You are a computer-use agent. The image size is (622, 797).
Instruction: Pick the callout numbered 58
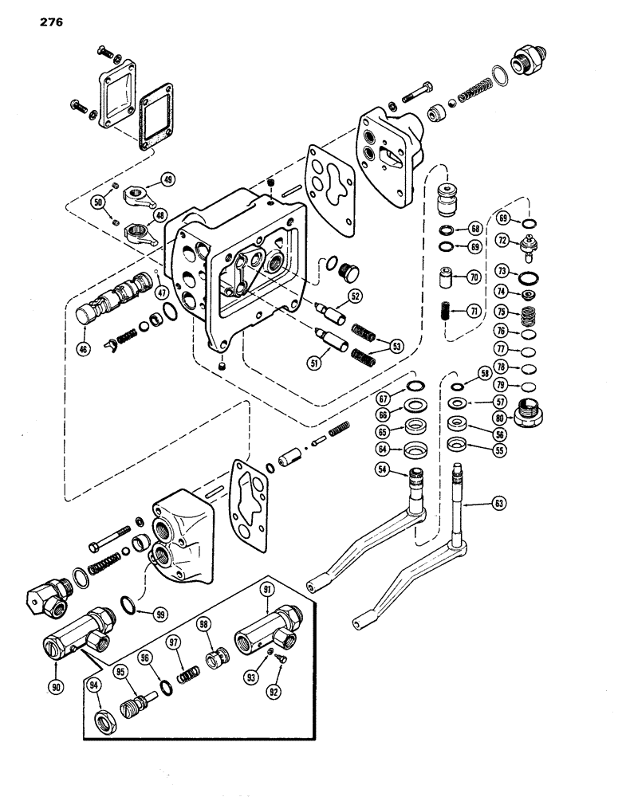(x=482, y=373)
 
